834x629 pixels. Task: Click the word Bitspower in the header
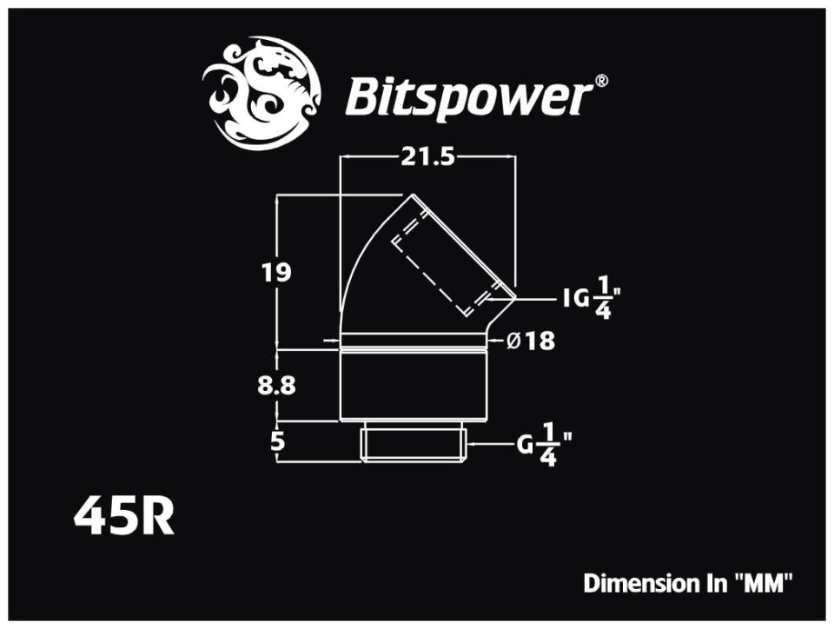(467, 98)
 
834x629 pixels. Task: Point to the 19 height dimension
(276, 271)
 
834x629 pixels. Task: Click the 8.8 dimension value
(277, 386)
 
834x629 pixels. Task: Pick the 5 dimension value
(277, 440)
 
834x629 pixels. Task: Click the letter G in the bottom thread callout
(525, 447)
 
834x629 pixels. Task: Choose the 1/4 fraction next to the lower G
(548, 447)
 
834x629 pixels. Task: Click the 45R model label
(124, 517)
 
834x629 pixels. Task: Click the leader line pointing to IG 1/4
(533, 299)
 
